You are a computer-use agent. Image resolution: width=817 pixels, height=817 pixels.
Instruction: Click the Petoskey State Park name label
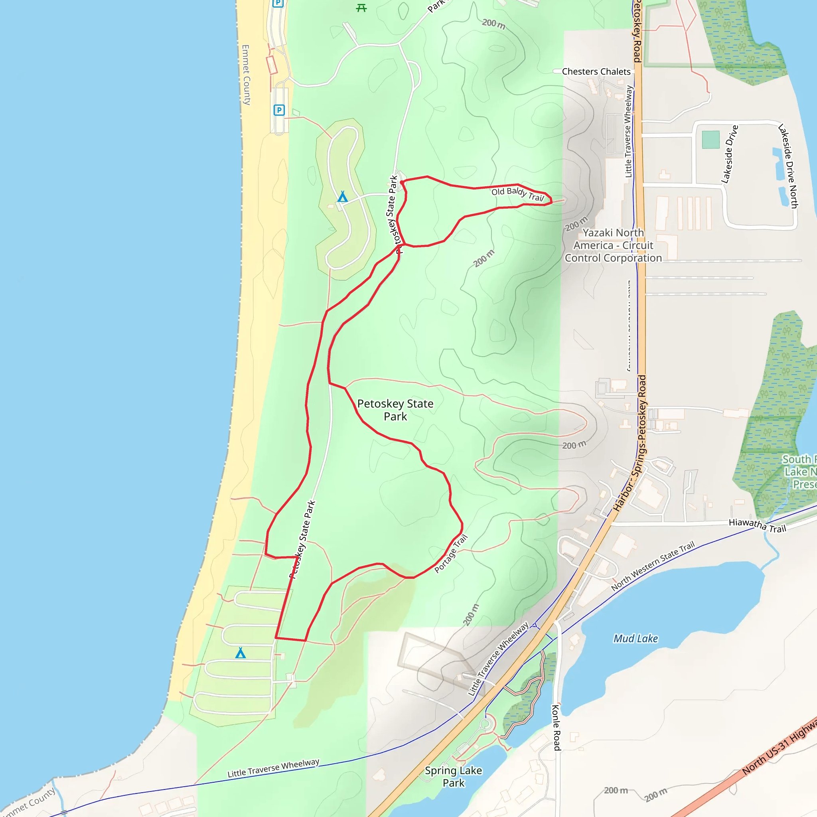[x=395, y=410]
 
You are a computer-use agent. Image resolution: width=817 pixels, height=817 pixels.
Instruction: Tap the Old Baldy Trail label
[x=517, y=194]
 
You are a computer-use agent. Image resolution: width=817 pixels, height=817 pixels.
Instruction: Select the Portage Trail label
[x=451, y=554]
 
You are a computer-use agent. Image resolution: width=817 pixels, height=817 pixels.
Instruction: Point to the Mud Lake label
[x=635, y=638]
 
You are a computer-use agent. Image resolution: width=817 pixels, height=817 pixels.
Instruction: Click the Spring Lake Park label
[x=453, y=776]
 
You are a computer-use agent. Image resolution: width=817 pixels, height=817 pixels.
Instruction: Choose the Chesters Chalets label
[x=596, y=71]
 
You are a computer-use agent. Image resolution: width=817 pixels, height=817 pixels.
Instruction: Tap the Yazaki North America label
[x=613, y=245]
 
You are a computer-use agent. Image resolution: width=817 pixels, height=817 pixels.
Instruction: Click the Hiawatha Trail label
[x=757, y=525]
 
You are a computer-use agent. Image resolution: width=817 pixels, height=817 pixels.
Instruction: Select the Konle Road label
[x=556, y=727]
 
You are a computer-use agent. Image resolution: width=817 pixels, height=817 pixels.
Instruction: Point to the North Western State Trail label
[x=653, y=566]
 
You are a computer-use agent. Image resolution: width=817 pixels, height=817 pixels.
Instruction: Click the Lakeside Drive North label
[x=788, y=166]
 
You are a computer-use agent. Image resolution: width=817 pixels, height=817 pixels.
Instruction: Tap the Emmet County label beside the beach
[x=246, y=75]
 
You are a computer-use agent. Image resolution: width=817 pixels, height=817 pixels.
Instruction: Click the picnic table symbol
[x=361, y=8]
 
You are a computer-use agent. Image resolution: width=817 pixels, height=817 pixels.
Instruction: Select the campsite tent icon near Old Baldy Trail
[x=343, y=197]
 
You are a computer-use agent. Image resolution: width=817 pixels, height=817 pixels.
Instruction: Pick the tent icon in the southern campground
[x=240, y=653]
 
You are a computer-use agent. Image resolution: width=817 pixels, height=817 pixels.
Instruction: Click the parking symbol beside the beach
[x=279, y=111]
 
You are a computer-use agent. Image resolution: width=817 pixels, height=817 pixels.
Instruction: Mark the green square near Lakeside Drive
[x=710, y=140]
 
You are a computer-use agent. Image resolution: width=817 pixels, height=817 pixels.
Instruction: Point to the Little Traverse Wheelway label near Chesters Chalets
[x=628, y=131]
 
